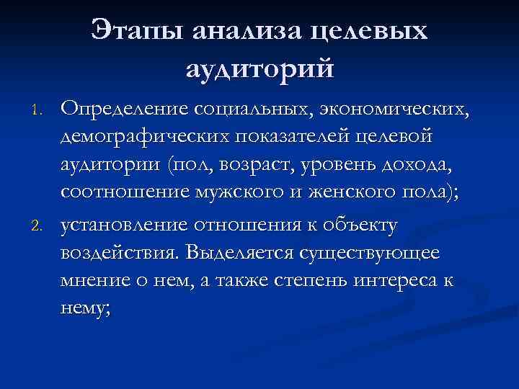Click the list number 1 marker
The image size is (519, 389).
40,110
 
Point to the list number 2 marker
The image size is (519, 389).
40,227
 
